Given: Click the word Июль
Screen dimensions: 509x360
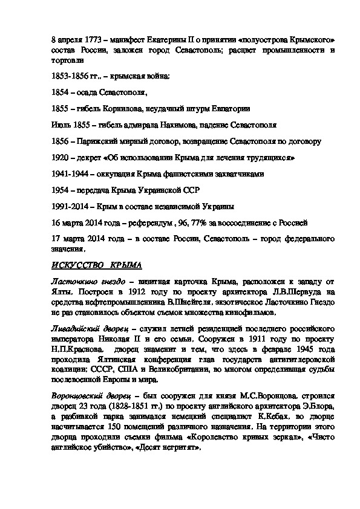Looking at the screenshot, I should click(x=60, y=125).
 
